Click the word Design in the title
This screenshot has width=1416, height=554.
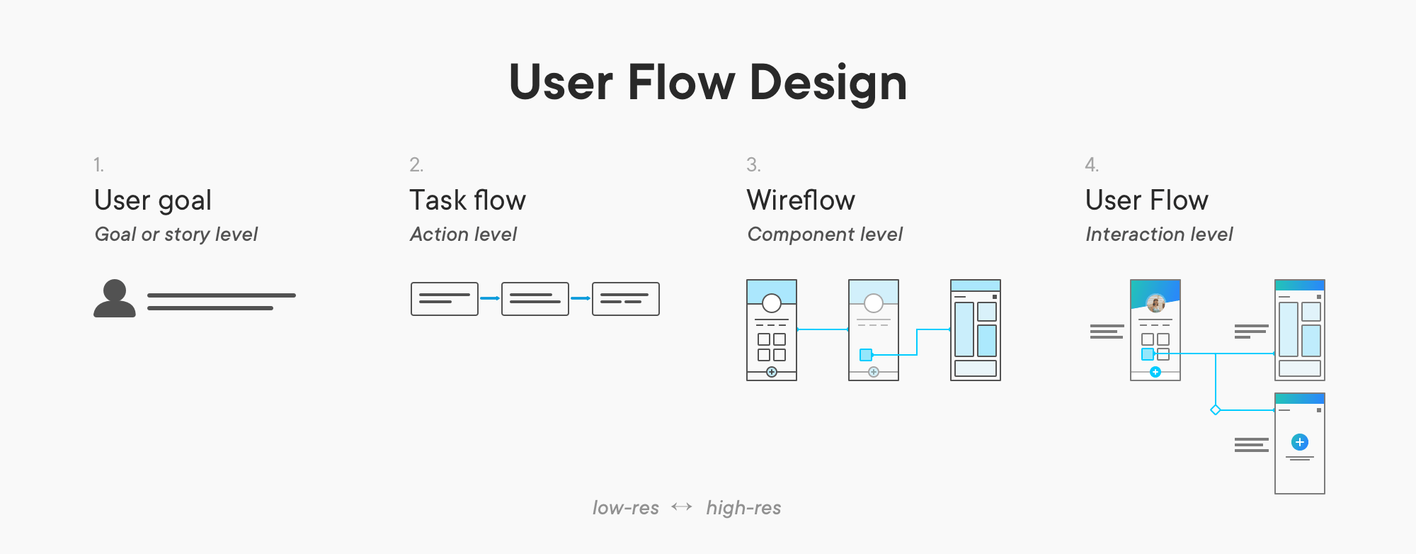(x=828, y=84)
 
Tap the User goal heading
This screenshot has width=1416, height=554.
(x=153, y=200)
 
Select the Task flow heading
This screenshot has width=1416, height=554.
(x=467, y=200)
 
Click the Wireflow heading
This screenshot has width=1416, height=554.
(x=801, y=200)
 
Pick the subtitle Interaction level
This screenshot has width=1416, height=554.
(x=1159, y=234)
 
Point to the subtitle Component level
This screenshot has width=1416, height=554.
(x=825, y=234)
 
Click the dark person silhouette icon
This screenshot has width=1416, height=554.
(x=115, y=298)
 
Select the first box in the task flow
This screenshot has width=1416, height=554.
(x=444, y=299)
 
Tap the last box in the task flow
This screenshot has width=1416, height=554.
(x=625, y=299)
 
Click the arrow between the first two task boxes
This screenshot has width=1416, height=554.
(x=490, y=298)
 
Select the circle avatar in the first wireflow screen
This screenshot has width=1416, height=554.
(x=772, y=303)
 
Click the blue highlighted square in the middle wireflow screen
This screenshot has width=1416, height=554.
(x=865, y=355)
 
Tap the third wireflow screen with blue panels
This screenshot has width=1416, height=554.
(x=975, y=330)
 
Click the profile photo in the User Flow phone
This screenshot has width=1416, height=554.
(x=1155, y=303)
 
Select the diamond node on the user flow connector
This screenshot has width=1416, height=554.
(x=1216, y=410)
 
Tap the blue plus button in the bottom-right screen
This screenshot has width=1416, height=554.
(x=1299, y=442)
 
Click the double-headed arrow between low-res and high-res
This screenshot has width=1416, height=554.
(x=682, y=507)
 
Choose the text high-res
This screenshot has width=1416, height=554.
(x=743, y=508)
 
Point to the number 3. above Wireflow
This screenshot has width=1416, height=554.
(x=753, y=165)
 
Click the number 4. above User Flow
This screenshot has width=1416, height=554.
(x=1092, y=165)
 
